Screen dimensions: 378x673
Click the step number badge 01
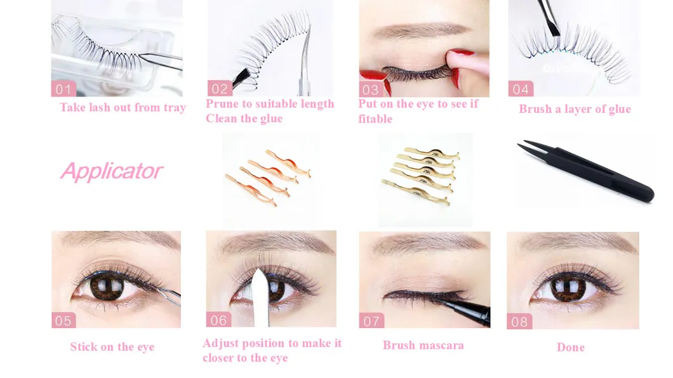pyautogui.click(x=63, y=89)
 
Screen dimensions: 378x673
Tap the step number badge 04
pyautogui.click(x=521, y=89)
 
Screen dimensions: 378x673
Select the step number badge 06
pyautogui.click(x=218, y=320)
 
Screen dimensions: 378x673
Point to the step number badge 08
pyautogui.click(x=519, y=322)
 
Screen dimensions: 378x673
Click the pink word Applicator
pyautogui.click(x=111, y=171)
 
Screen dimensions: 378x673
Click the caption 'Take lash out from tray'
pyautogui.click(x=123, y=107)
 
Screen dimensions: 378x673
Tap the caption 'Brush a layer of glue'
pyautogui.click(x=575, y=109)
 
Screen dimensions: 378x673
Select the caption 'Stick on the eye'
pyautogui.click(x=112, y=347)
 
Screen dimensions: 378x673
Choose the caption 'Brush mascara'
pyautogui.click(x=423, y=346)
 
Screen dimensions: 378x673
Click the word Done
pyautogui.click(x=570, y=348)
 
